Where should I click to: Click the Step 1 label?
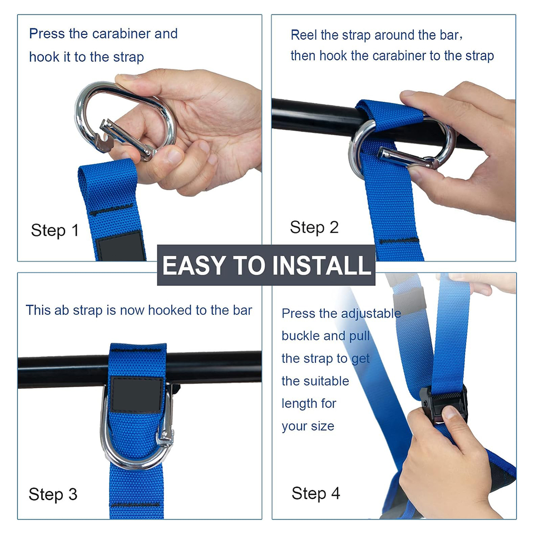(55, 230)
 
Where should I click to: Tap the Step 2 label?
(314, 228)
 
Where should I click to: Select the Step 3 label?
(53, 495)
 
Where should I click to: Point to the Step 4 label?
(316, 493)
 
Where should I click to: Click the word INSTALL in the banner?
(322, 265)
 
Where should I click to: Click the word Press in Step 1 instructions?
(47, 34)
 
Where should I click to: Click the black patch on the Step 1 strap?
(120, 246)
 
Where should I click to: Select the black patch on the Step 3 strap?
(137, 395)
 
